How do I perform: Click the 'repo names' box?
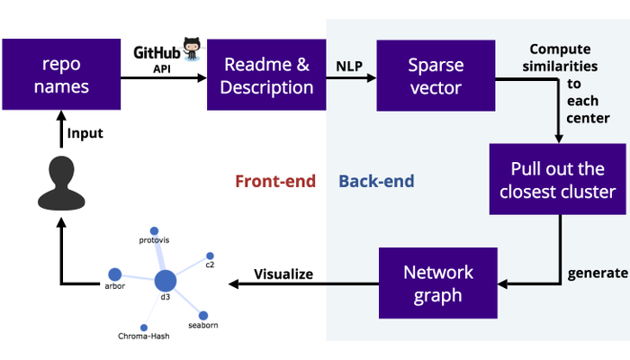pyautogui.click(x=60, y=75)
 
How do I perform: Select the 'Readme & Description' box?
pyautogui.click(x=266, y=75)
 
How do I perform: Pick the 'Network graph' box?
pyautogui.click(x=438, y=283)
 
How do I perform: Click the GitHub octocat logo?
pyautogui.click(x=192, y=49)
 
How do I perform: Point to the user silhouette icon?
pyautogui.click(x=61, y=181)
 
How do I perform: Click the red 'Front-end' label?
pyautogui.click(x=275, y=182)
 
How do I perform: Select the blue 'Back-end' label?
pyautogui.click(x=376, y=182)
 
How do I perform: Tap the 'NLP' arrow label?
pyautogui.click(x=350, y=66)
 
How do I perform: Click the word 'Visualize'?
pyautogui.click(x=283, y=274)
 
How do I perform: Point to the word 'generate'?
pyautogui.click(x=597, y=273)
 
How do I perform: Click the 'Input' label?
pyautogui.click(x=85, y=133)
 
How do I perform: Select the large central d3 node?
pyautogui.click(x=166, y=281)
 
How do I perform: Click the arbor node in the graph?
pyautogui.click(x=115, y=274)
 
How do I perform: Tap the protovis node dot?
pyautogui.click(x=154, y=230)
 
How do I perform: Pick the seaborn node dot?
pyautogui.click(x=203, y=315)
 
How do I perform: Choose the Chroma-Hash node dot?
pyautogui.click(x=143, y=327)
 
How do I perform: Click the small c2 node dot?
pyautogui.click(x=210, y=255)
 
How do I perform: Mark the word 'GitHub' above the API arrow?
pyautogui.click(x=157, y=53)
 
